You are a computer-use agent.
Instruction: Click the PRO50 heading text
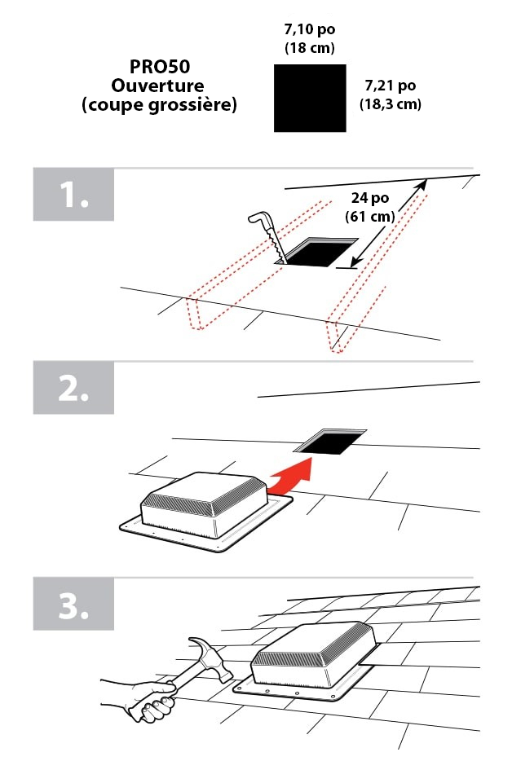160,67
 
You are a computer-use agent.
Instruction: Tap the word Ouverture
158,86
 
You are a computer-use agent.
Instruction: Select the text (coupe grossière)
159,105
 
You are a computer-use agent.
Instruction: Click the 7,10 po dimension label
310,29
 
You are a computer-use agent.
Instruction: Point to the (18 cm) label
310,48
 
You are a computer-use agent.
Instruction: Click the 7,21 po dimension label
391,86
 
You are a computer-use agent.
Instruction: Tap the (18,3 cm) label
391,103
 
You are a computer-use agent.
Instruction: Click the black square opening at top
310,99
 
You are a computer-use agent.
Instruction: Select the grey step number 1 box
73,194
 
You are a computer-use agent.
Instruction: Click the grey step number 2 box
73,388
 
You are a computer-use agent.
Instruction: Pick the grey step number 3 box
73,604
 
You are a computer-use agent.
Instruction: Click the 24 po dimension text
369,198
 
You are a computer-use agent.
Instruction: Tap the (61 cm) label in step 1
369,216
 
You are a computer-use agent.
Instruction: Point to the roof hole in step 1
316,252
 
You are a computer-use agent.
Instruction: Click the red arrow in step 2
292,476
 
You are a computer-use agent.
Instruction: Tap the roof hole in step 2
330,442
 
